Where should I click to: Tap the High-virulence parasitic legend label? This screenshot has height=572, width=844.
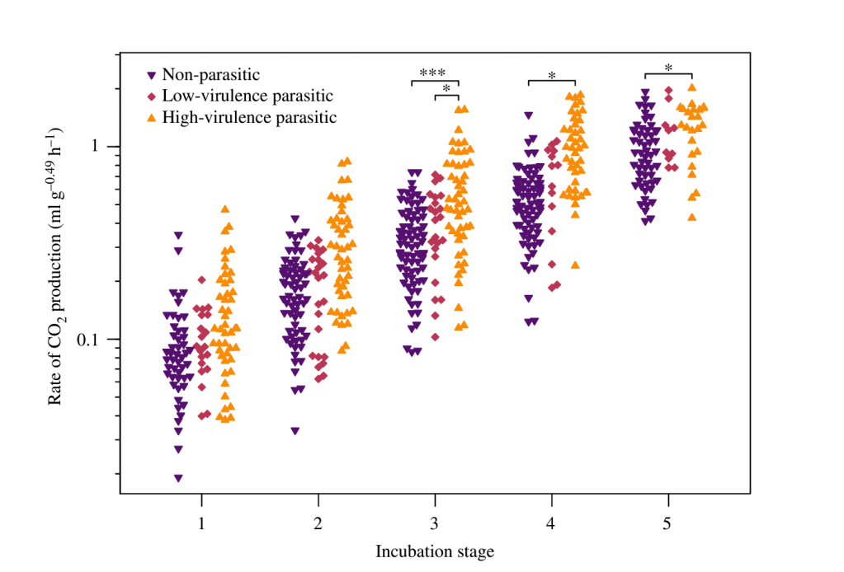pos(249,117)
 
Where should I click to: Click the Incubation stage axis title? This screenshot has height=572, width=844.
pos(435,551)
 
